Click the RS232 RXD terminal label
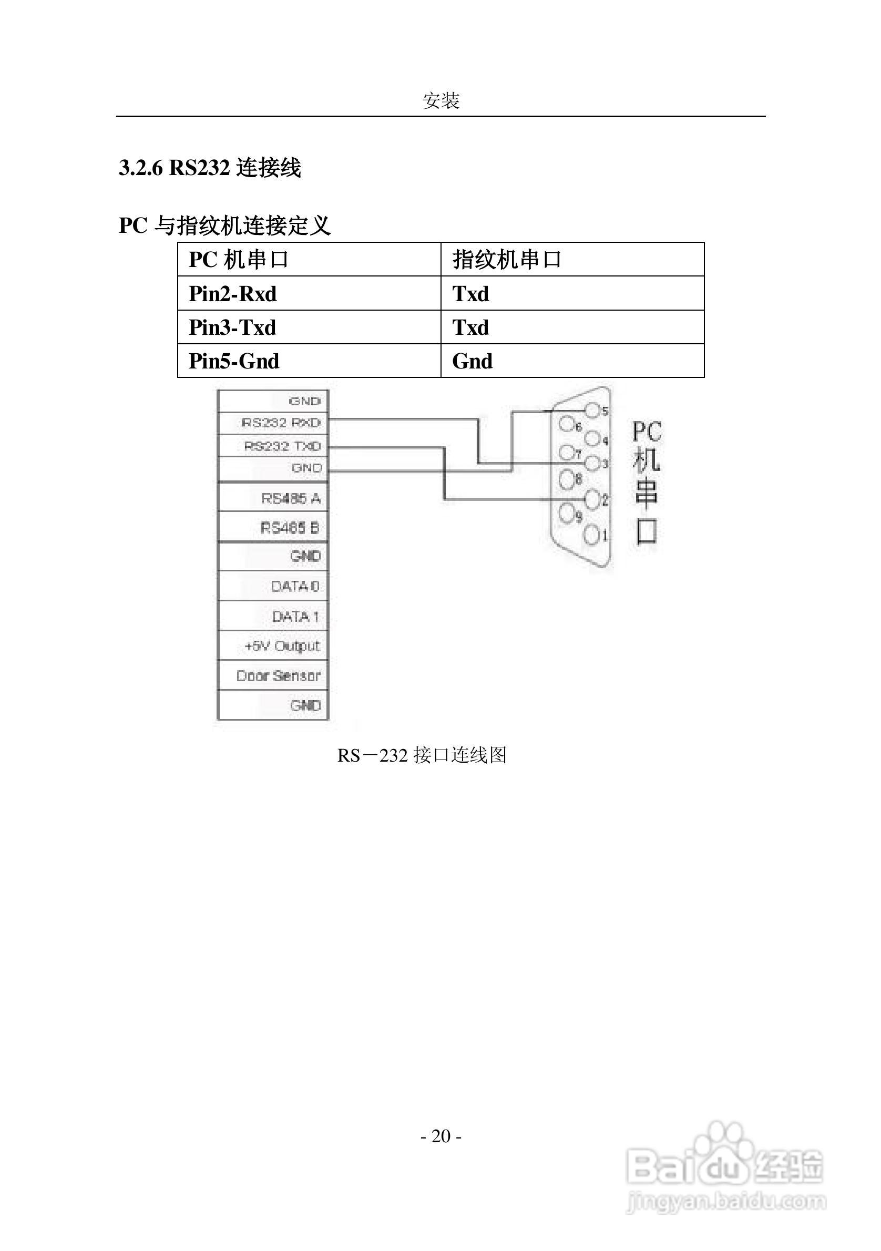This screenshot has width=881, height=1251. (x=281, y=423)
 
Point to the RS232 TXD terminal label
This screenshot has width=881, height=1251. (x=282, y=446)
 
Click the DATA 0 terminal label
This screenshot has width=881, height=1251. (x=295, y=586)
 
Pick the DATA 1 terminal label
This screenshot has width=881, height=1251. (x=295, y=616)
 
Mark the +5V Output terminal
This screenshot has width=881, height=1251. (x=282, y=646)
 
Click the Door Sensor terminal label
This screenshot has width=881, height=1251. (x=278, y=675)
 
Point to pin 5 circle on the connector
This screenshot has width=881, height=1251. (x=592, y=411)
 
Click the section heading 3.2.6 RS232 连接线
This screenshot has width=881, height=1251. (x=210, y=168)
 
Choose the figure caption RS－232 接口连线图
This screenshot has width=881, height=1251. (x=422, y=755)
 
